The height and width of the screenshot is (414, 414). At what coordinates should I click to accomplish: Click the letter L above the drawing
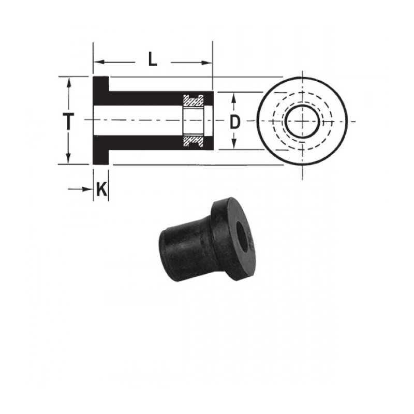[x=152, y=61]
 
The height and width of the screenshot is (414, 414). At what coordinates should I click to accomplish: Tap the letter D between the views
[x=235, y=122]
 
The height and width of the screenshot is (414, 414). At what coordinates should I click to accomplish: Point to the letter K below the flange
[x=102, y=190]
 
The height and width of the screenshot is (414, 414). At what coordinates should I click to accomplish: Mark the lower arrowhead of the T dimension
[x=68, y=159]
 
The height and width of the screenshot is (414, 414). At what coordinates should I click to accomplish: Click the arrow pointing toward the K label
[x=87, y=190]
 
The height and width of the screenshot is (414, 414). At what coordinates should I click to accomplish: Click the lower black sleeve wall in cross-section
[x=145, y=143]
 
